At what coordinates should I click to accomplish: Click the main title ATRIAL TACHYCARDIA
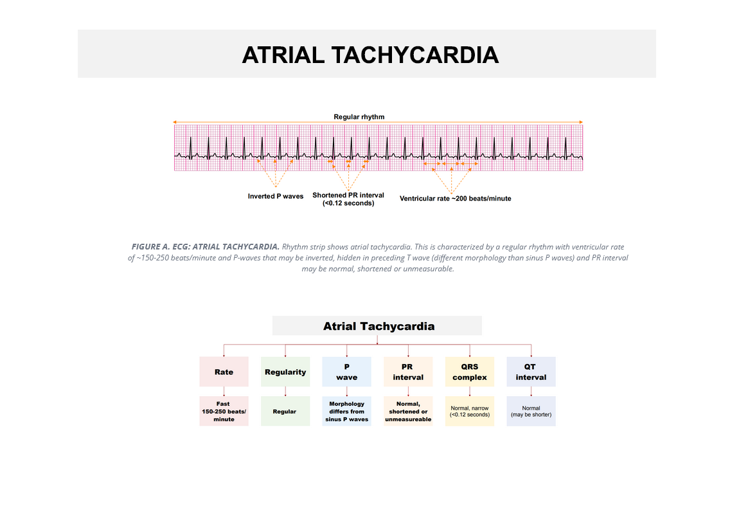[370, 55]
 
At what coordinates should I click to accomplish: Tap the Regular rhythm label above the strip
[359, 117]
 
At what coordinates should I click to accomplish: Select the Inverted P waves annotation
[276, 196]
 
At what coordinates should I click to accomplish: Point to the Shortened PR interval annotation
[348, 199]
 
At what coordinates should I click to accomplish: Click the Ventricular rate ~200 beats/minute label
[456, 199]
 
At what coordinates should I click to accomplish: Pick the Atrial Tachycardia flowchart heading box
[377, 326]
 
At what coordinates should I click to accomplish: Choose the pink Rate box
[224, 372]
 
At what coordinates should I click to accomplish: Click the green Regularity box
[285, 372]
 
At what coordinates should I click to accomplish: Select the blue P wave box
[347, 372]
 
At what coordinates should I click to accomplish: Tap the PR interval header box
[408, 372]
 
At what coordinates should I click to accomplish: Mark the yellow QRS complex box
[470, 372]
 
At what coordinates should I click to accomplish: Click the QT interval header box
[531, 372]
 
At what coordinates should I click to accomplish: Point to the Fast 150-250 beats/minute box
[224, 411]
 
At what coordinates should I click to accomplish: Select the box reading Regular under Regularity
[285, 411]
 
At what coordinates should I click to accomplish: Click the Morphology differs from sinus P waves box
[347, 411]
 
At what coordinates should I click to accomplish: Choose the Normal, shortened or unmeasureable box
[408, 411]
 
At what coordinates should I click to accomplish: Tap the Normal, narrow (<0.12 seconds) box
[470, 411]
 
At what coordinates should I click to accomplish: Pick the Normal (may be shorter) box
[531, 411]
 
